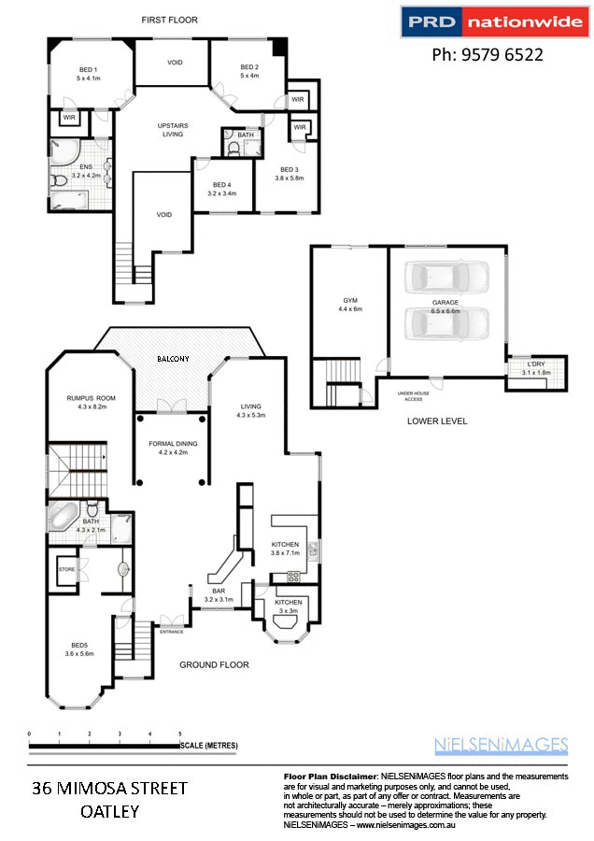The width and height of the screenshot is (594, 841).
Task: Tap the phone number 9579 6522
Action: click(487, 55)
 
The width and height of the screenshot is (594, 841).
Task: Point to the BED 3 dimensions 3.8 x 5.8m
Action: click(290, 178)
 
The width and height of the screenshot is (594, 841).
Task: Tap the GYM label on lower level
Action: click(350, 300)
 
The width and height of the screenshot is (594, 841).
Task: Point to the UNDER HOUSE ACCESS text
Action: click(416, 396)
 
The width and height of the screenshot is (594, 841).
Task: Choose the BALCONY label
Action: click(173, 359)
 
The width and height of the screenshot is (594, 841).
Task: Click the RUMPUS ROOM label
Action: click(80, 400)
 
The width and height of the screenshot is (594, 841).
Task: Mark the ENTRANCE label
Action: click(172, 632)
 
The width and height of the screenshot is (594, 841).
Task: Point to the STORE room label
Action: click(66, 568)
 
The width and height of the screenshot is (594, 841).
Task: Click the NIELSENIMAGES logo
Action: click(502, 745)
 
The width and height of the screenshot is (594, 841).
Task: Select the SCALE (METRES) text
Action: click(210, 746)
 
